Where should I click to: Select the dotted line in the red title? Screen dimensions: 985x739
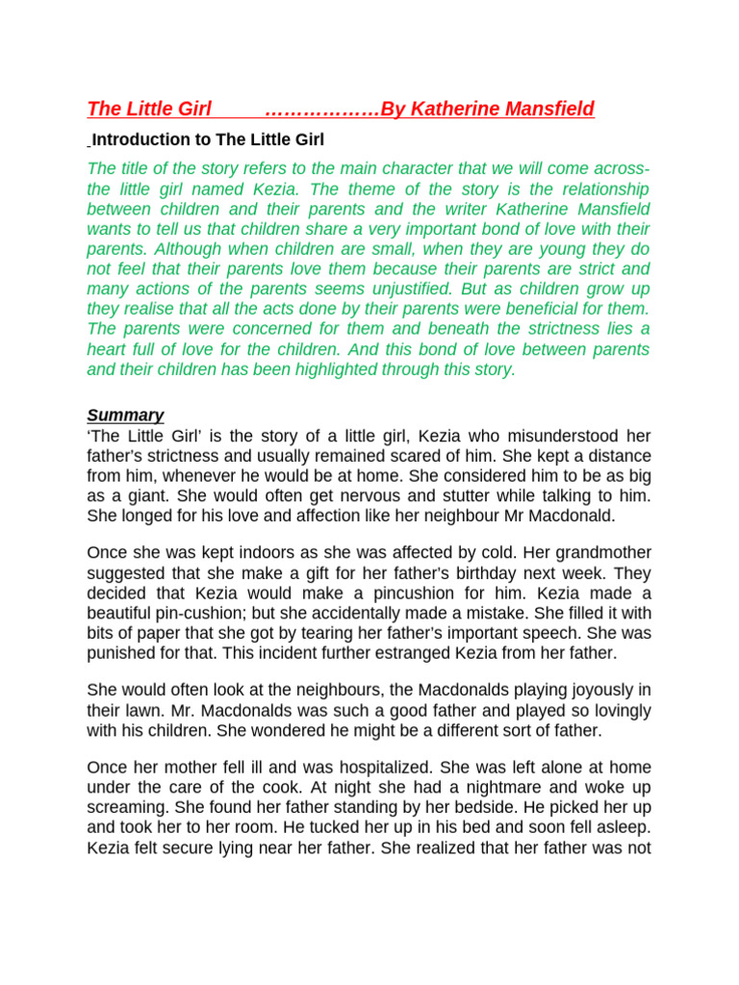[x=321, y=109]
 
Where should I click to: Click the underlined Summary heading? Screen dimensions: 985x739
[x=125, y=415]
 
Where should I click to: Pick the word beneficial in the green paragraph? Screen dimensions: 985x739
[x=548, y=309]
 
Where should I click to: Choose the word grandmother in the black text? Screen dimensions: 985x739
[x=601, y=552]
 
